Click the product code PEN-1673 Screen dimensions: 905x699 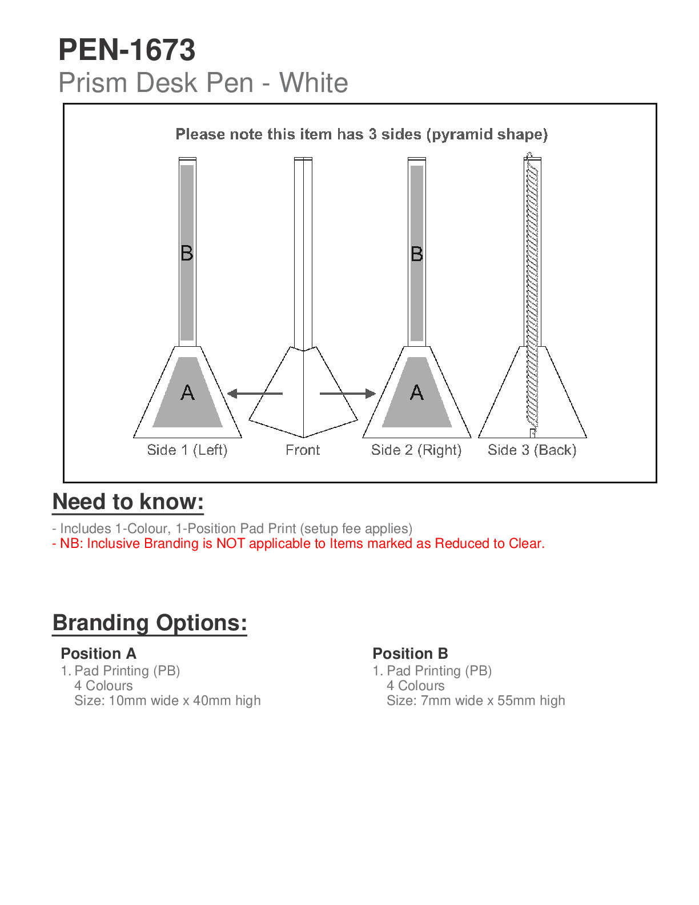(127, 50)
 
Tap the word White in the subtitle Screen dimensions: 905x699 (314, 83)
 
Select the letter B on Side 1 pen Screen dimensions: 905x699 (187, 253)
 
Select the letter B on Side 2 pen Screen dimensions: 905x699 (417, 254)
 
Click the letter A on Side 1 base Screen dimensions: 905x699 (187, 393)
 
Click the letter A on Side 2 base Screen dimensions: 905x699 (417, 393)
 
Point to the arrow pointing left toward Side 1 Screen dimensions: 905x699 (255, 394)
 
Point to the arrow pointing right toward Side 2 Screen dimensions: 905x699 (347, 394)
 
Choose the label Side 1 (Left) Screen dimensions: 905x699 (187, 450)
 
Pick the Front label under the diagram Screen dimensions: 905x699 (303, 450)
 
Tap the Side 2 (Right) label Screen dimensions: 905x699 (416, 450)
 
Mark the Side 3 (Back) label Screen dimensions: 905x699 (532, 450)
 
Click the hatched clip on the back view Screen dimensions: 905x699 (532, 291)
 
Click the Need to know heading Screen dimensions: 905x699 (128, 502)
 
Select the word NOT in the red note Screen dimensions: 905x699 (231, 543)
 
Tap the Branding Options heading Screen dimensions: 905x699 (150, 623)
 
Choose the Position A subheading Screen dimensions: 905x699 (98, 654)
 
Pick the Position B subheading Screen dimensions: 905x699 (410, 654)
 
